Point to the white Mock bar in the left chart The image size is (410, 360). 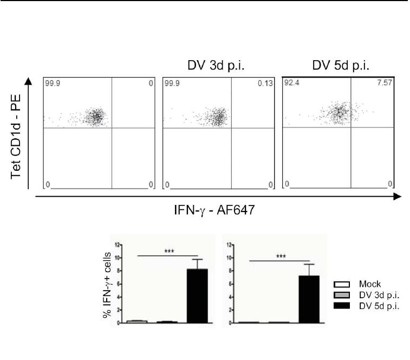(137, 321)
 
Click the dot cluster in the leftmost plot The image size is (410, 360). (96, 117)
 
